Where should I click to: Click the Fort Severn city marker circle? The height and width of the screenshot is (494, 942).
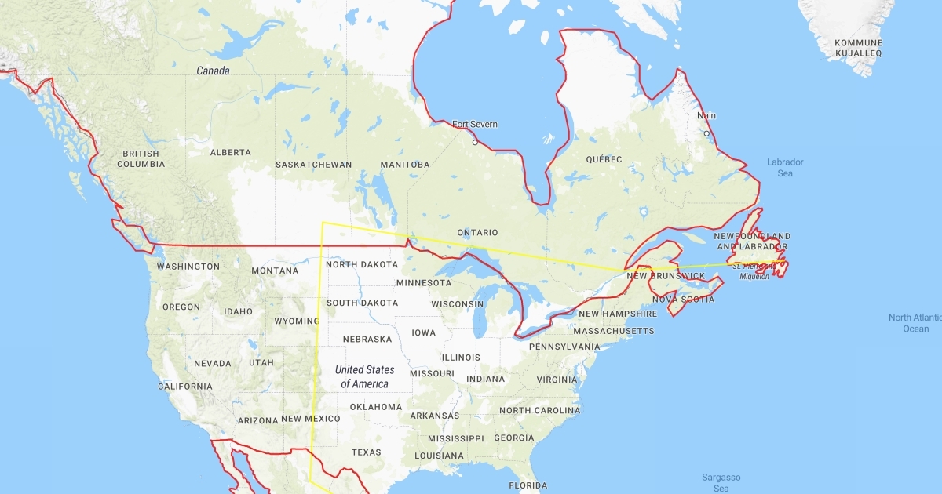pyautogui.click(x=474, y=143)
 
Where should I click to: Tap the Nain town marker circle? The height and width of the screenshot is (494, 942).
pyautogui.click(x=706, y=133)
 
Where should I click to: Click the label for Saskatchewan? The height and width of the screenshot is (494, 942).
pyautogui.click(x=313, y=165)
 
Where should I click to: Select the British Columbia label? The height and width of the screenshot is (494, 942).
pyautogui.click(x=141, y=159)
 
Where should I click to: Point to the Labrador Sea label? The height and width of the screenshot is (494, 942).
pyautogui.click(x=785, y=168)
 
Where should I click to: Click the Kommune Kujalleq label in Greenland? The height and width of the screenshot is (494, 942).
pyautogui.click(x=858, y=48)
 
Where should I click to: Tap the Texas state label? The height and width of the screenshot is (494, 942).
pyautogui.click(x=366, y=452)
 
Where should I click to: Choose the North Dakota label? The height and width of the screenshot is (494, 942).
pyautogui.click(x=362, y=264)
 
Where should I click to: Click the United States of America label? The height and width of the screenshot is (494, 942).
pyautogui.click(x=364, y=376)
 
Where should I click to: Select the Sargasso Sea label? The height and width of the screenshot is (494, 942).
pyautogui.click(x=721, y=482)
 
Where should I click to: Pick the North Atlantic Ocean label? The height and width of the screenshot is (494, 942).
pyautogui.click(x=915, y=323)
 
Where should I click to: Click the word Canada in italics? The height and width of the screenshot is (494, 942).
pyautogui.click(x=213, y=71)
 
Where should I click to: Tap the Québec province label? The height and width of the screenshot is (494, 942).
pyautogui.click(x=604, y=159)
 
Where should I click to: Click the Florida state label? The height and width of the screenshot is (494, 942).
pyautogui.click(x=528, y=485)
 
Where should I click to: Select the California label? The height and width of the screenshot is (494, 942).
pyautogui.click(x=185, y=387)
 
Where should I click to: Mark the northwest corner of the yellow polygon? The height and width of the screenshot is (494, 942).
pyautogui.click(x=322, y=223)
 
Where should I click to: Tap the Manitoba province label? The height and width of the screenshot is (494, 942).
pyautogui.click(x=405, y=165)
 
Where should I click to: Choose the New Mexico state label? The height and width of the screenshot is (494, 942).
pyautogui.click(x=311, y=419)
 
